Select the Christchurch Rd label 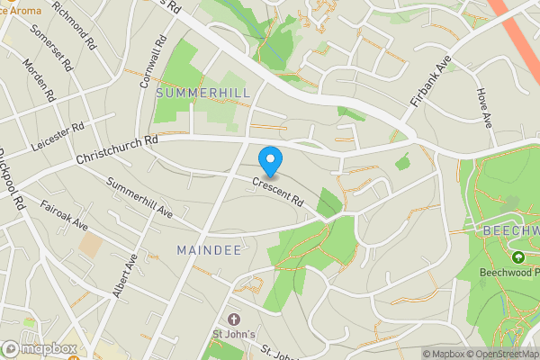click(117, 149)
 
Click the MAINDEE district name click(209, 249)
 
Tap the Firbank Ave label click(429, 82)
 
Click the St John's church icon click(235, 319)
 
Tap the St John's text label click(235, 337)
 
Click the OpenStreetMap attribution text click(500, 354)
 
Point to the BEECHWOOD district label click(510, 230)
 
